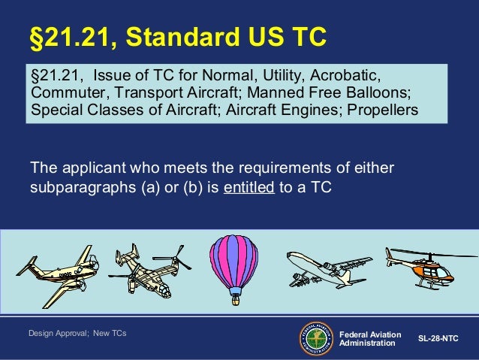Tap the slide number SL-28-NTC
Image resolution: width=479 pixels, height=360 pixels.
pos(438,339)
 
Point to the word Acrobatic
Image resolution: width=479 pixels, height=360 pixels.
pos(348,77)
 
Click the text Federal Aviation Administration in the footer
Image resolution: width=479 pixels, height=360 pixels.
pos(370,338)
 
